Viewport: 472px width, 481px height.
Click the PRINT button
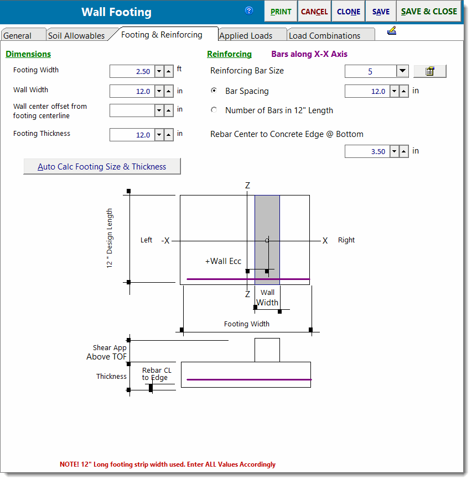281,12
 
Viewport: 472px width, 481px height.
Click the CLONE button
349,12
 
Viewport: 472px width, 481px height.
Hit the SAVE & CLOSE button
429,12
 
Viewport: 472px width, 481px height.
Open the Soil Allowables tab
76,35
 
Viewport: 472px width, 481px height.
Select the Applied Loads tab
246,35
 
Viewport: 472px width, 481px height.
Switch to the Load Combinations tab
324,35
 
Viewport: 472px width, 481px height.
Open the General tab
18,35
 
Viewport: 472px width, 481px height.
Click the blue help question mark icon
249,11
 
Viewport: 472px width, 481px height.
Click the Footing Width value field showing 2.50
132,71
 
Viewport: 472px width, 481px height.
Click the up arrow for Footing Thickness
169,135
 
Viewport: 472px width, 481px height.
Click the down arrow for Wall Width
159,91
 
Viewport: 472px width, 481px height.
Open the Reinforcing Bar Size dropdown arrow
402,71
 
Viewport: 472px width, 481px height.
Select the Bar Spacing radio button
214,91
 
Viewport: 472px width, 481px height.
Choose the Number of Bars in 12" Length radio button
214,110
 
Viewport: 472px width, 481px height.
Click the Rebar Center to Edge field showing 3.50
367,151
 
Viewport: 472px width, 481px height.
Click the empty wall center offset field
132,110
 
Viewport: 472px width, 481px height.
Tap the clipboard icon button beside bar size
430,71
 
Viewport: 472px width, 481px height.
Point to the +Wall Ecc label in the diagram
224,261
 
